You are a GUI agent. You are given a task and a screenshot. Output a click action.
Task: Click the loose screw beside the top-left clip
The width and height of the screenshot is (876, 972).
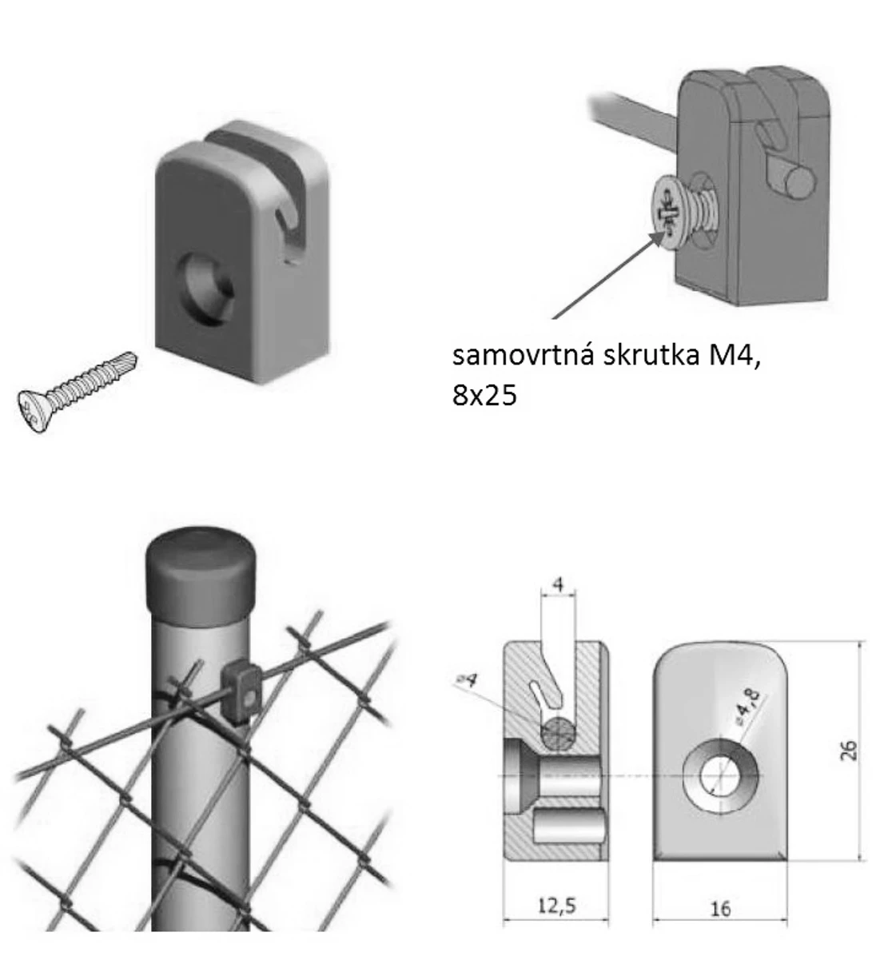(x=76, y=392)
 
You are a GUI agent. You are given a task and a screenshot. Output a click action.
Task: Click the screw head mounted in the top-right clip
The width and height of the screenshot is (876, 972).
(x=670, y=209)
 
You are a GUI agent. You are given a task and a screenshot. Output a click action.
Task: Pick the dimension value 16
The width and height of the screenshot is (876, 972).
(x=720, y=908)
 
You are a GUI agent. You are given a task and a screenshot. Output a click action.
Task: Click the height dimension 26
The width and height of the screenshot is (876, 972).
(x=848, y=751)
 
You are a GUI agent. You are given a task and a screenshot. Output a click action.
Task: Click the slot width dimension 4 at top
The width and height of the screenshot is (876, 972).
(x=558, y=584)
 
